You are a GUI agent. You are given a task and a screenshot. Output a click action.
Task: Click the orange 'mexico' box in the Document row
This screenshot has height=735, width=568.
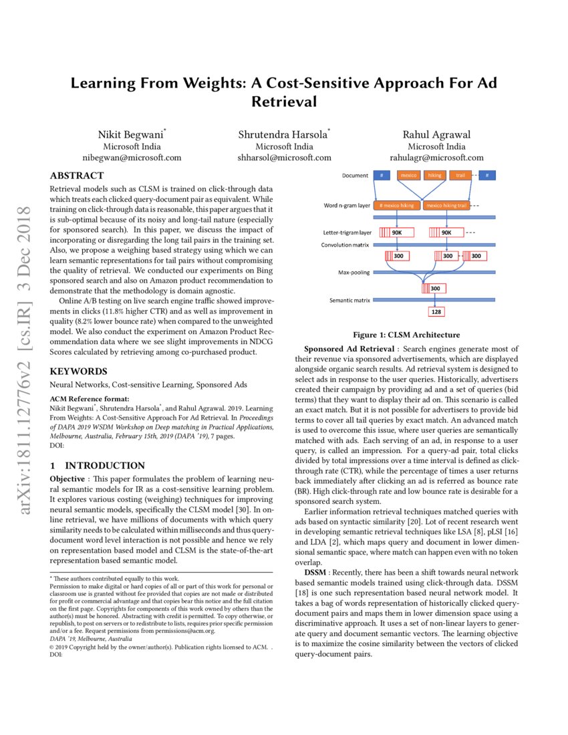coord(408,176)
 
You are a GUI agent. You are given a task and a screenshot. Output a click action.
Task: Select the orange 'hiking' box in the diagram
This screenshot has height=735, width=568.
coord(434,176)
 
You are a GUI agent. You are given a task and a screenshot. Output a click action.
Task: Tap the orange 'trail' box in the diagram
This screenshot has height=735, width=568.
coord(460,176)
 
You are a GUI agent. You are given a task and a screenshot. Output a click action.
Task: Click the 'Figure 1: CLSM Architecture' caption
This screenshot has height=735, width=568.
coord(406,335)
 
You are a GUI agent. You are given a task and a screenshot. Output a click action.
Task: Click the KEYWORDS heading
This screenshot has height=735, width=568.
coord(77,371)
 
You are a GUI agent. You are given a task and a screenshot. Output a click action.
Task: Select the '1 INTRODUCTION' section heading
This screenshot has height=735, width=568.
coord(98,465)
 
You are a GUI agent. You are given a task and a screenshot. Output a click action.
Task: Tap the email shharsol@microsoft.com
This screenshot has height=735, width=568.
coord(284,158)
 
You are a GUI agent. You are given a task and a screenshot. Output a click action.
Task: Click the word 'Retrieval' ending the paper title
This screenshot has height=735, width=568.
coord(283,102)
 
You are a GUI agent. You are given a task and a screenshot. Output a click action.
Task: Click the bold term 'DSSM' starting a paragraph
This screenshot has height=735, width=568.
coord(317,573)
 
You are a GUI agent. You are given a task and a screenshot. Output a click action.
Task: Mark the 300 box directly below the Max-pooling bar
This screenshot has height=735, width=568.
coord(434,288)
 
